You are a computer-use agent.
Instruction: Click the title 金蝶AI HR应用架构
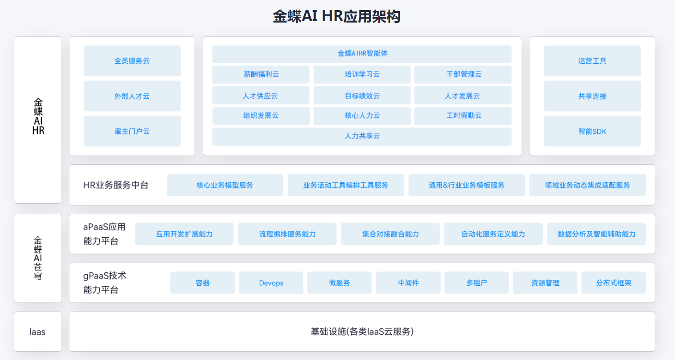tap(337, 16)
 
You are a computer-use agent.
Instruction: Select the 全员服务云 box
tap(132, 61)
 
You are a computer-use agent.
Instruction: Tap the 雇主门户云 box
tap(132, 131)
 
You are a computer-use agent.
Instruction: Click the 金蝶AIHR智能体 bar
tap(361, 54)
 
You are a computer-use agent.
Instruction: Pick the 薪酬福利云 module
tap(261, 74)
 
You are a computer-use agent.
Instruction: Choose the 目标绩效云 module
tap(362, 95)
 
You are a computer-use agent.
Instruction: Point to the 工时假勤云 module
tap(463, 116)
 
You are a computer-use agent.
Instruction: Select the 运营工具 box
tap(592, 61)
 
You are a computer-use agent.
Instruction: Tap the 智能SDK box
tap(592, 131)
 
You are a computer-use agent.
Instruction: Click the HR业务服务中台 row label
tap(116, 185)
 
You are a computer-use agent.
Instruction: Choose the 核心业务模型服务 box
tap(225, 185)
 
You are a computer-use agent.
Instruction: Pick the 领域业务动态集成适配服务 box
tap(587, 185)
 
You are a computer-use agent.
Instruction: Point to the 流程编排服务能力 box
tap(287, 234)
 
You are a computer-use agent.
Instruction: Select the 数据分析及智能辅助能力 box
tap(596, 234)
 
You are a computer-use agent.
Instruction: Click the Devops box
tap(271, 283)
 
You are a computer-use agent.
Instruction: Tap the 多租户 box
tap(477, 283)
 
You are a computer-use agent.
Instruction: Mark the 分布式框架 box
tap(614, 283)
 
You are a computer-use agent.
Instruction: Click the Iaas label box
tap(38, 332)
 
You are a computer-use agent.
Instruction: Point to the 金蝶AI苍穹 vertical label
tap(38, 258)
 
